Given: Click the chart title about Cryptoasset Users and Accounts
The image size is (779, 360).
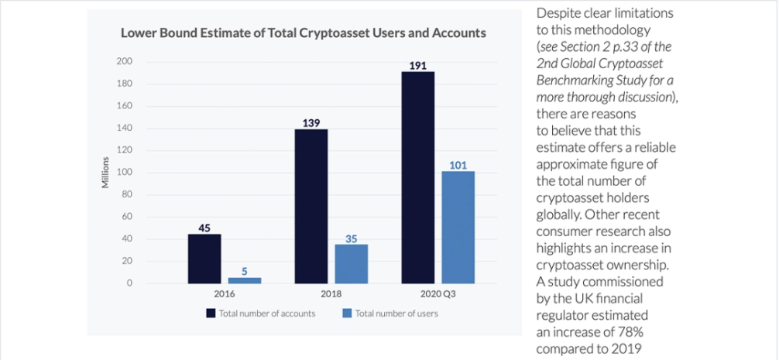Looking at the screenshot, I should point(303,33).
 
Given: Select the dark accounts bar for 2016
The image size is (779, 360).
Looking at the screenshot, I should point(204,259).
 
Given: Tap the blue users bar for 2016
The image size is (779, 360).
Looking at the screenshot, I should point(244,280).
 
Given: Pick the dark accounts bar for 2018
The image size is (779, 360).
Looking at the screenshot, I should point(311,206).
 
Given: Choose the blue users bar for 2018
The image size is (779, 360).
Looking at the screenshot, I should point(351,264).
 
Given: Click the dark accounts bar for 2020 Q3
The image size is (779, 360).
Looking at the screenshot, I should point(418,177).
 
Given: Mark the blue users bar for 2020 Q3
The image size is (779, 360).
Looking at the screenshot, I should point(458,227).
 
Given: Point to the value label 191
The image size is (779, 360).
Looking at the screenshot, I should point(418,66).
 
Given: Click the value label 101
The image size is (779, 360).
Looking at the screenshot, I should point(458,165).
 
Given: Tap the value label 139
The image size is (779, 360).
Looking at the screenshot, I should point(311,123).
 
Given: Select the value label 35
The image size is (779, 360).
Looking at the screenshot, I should point(351,238).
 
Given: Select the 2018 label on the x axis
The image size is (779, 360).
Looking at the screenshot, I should point(331,294).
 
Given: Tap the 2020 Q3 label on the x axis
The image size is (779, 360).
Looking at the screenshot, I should point(438,294).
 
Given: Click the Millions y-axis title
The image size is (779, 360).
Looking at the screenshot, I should point(106,173).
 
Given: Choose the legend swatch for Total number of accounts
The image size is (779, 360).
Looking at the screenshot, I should point(210,314).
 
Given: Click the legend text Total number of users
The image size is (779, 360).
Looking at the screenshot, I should point(396,314).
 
